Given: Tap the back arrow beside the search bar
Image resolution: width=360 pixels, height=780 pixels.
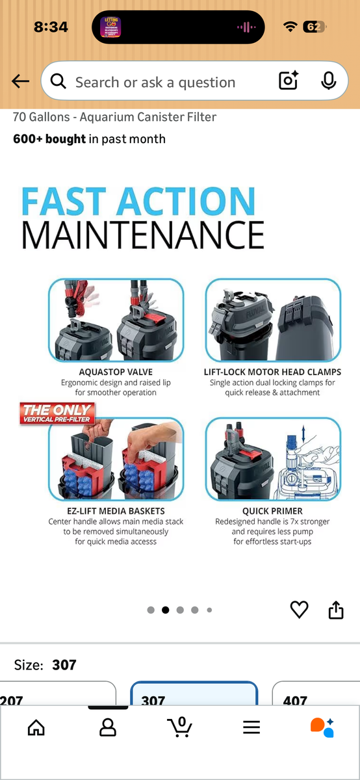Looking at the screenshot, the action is pos(20,81).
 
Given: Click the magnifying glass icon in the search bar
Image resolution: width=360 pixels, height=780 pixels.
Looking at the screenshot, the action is pos(58,81).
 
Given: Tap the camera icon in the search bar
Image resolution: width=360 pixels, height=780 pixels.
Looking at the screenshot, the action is pos(289,81).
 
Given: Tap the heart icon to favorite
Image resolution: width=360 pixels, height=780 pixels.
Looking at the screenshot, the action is pos(299,610).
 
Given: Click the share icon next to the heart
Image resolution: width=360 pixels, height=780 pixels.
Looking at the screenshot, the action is pos(336,610).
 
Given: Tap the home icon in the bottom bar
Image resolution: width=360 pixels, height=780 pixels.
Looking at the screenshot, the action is pos(36,727).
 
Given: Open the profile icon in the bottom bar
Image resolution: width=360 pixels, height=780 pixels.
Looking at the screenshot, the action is pos(108,727).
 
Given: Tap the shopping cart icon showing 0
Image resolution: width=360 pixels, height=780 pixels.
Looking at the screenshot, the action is pos(179,727).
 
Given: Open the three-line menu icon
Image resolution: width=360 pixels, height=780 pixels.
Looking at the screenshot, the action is pos(251,727).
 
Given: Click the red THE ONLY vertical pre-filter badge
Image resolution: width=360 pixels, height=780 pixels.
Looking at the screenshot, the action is pos(57,413).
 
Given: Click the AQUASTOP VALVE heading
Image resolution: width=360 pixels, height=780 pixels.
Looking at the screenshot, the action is pos(116,372).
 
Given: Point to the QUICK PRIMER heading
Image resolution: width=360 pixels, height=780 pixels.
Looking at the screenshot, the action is pos(272,511).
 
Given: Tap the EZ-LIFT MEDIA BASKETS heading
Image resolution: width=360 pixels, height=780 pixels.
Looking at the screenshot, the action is pos(116,511).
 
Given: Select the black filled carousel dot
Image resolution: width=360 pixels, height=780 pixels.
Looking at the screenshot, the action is pos(165,610).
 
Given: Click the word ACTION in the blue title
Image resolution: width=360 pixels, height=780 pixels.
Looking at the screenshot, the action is pos(186,201).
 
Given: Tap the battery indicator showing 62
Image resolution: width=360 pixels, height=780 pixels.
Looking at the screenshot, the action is pos(315,27).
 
